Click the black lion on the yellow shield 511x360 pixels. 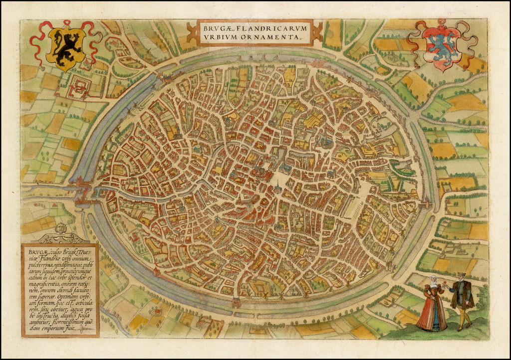(65, 48)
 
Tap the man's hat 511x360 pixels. (462, 275)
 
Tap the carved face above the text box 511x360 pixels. (61, 228)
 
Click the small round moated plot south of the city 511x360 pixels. (157, 312)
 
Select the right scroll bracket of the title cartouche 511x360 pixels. (317, 32)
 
